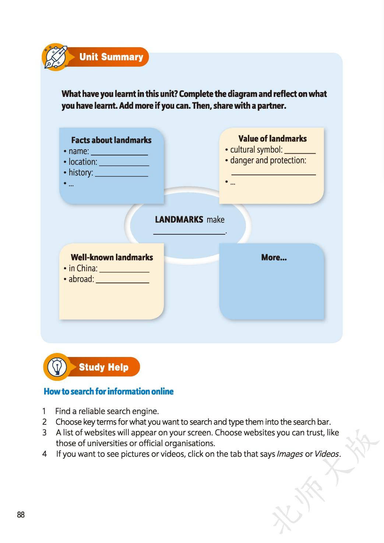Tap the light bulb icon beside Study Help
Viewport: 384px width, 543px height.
pos(57,367)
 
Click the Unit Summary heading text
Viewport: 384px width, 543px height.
pos(111,57)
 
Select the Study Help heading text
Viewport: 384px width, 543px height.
pos(103,367)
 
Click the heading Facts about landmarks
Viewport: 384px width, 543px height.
pos(111,140)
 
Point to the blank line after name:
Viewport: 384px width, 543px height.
pos(119,154)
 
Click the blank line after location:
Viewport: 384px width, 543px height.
pos(124,165)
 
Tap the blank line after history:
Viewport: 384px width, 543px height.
pos(121,176)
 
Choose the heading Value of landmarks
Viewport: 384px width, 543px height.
pos(272,139)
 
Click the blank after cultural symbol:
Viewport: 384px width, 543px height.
pos(300,152)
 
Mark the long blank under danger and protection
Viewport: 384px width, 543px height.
pos(274,174)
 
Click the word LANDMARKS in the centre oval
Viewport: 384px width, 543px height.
pos(179,220)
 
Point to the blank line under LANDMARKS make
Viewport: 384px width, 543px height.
pos(189,233)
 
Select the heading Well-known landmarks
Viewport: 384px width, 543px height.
pos(112,257)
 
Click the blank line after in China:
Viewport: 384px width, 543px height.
pos(124,271)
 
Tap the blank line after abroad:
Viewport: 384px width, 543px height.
pos(122,282)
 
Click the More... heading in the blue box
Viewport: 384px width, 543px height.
pos(274,258)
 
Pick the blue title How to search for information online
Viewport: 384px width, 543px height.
pos(109,391)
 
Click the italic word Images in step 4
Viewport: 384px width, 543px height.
pos(289,454)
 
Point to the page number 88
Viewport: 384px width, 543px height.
pos(21,515)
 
